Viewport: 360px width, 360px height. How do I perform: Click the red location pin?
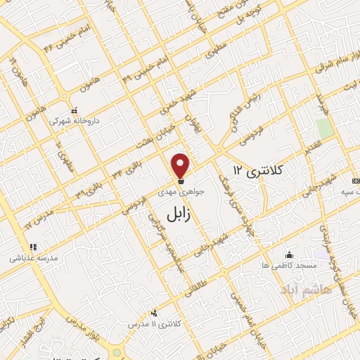tap(181, 166)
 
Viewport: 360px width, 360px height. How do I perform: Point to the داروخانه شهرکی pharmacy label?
tap(75, 121)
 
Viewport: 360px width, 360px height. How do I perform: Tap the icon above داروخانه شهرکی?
tap(74, 110)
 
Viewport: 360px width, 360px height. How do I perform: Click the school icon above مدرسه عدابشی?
tap(32, 247)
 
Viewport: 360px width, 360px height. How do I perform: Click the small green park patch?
tap(323, 128)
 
